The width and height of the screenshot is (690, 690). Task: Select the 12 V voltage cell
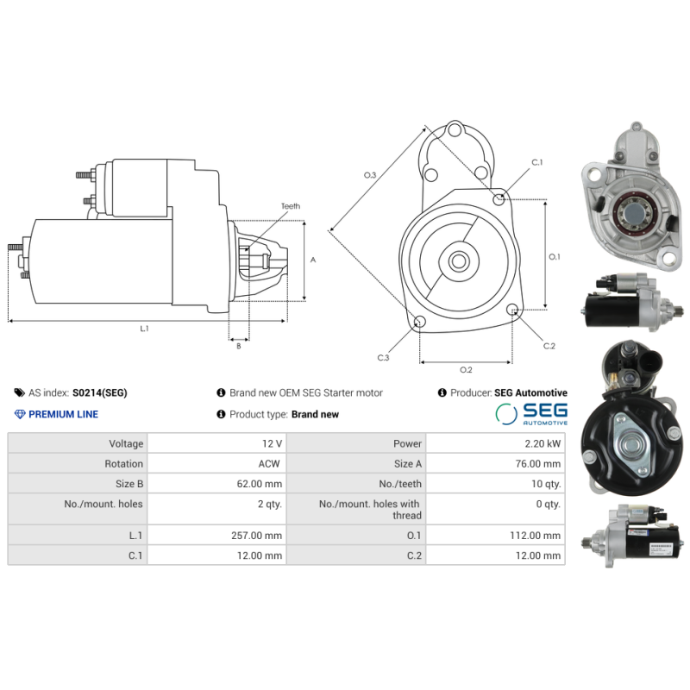pos(272,443)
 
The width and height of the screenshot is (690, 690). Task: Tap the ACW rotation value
pos(271,463)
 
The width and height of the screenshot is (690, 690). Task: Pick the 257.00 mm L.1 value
pos(258,536)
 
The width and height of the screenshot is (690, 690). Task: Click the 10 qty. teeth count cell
pos(546,484)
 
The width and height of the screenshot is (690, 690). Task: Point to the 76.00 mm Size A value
pos(539,463)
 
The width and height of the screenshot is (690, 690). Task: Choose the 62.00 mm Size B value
pos(261,484)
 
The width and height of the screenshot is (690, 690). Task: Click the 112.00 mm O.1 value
pos(536,536)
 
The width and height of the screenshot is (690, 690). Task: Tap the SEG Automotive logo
pos(531,414)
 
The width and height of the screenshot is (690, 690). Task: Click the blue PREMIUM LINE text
pos(63,414)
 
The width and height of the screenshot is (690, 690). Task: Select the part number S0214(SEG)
pos(99,392)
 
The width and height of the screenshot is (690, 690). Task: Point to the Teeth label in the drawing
pos(290,206)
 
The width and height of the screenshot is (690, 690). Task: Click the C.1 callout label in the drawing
pos(536,162)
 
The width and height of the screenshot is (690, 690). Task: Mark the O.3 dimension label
pos(370,175)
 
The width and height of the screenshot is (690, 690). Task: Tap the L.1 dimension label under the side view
pos(145,329)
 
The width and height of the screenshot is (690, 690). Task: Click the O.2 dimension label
pos(466,370)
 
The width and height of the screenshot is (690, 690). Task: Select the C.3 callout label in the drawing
pos(383,357)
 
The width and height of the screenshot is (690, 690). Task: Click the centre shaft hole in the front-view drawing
pos(458,260)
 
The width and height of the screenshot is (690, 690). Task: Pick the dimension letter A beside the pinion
pos(314,259)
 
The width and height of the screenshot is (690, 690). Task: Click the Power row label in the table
pos(407,443)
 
